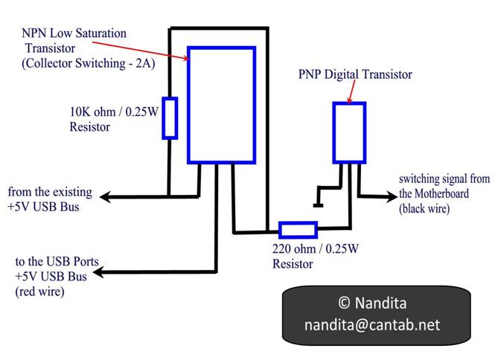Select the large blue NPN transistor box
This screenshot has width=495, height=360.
click(x=188, y=105)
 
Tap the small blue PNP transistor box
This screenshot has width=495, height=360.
click(x=333, y=132)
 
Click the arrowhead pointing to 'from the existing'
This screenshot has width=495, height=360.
click(x=105, y=197)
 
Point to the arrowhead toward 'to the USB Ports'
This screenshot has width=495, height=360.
click(x=98, y=272)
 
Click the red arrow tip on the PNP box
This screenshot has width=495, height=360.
click(x=348, y=102)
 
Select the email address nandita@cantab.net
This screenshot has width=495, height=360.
click(x=372, y=324)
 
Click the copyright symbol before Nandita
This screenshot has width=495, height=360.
click(x=345, y=303)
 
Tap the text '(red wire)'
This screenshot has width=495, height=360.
click(x=39, y=292)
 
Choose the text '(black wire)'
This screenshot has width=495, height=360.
click(x=424, y=208)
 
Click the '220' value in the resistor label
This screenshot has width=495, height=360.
click(x=282, y=249)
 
